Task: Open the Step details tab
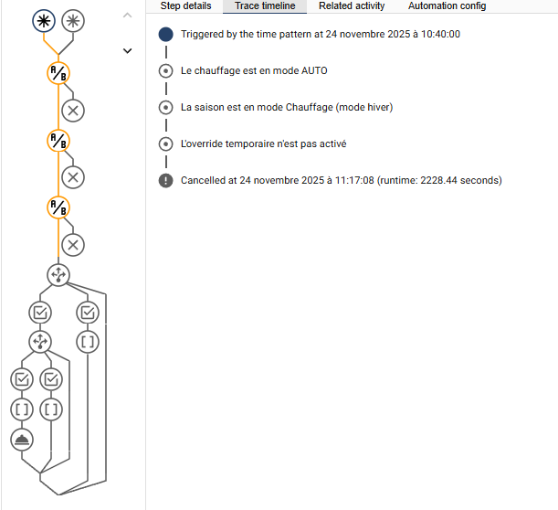click(x=185, y=6)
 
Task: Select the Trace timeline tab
click(x=265, y=6)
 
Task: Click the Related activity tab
click(x=352, y=6)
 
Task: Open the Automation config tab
click(x=447, y=6)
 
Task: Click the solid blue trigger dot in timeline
click(x=166, y=35)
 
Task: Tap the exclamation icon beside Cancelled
click(x=166, y=181)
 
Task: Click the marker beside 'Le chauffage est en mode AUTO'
click(x=166, y=71)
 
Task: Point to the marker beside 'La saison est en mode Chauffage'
click(x=166, y=108)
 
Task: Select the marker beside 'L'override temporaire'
click(x=166, y=143)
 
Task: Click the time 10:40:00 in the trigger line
click(x=440, y=34)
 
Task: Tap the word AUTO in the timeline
click(x=314, y=70)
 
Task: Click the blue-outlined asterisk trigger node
click(x=44, y=21)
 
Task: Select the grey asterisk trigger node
click(x=73, y=21)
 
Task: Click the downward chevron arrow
click(x=128, y=51)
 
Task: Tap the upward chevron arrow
click(x=128, y=15)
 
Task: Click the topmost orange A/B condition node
click(x=58, y=73)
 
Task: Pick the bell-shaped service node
click(x=22, y=440)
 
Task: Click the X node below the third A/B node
click(x=73, y=245)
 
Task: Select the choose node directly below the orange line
click(x=58, y=275)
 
